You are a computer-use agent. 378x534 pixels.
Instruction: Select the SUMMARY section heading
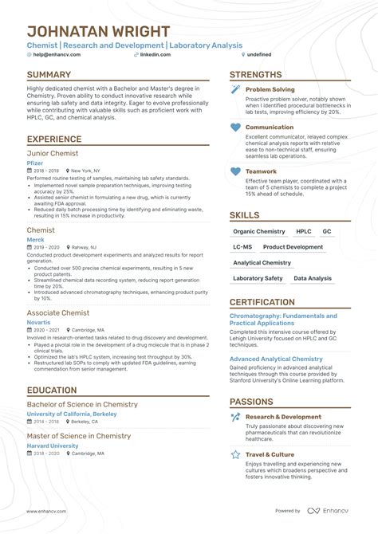(49, 75)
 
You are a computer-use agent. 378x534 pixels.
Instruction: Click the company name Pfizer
(34, 163)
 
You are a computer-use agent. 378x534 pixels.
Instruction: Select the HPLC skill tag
(304, 231)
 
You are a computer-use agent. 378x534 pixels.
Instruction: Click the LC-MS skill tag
(243, 247)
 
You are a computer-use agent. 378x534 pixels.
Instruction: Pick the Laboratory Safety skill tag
(258, 278)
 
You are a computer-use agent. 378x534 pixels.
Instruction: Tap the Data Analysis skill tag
(313, 278)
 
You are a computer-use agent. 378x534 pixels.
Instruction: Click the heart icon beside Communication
(235, 128)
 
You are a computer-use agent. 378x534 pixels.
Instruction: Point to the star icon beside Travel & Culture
(235, 454)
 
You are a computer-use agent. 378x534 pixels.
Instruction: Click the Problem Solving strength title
(270, 90)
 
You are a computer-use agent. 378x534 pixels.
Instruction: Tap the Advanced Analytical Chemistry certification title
(276, 359)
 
